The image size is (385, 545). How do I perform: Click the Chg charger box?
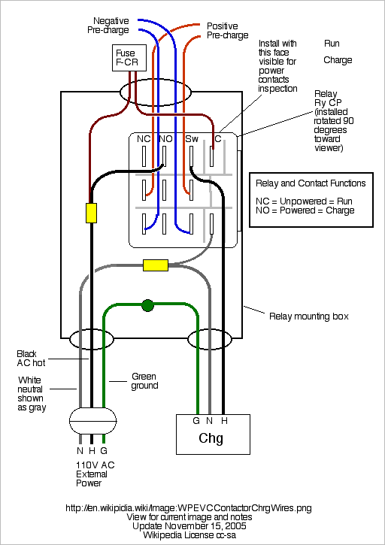pyautogui.click(x=214, y=434)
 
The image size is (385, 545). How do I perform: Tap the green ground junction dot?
pyautogui.click(x=148, y=305)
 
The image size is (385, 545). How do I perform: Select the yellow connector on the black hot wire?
pyautogui.click(x=91, y=213)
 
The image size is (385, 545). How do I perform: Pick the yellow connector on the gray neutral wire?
pyautogui.click(x=156, y=265)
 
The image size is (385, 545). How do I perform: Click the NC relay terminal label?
pyautogui.click(x=144, y=139)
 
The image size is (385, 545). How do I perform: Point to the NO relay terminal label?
pyautogui.click(x=165, y=139)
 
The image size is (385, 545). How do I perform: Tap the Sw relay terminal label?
pyautogui.click(x=192, y=139)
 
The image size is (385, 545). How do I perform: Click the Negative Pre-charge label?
pyautogui.click(x=108, y=26)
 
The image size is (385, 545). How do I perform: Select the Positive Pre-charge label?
pyautogui.click(x=227, y=31)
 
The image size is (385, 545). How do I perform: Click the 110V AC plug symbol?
pyautogui.click(x=92, y=421)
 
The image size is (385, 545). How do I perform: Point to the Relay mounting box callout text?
pyautogui.click(x=309, y=316)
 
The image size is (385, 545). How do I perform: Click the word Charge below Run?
pyautogui.click(x=338, y=60)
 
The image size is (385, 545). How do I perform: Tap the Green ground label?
pyautogui.click(x=144, y=381)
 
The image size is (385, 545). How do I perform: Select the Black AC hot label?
pyautogui.click(x=31, y=359)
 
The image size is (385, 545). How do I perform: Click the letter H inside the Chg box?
pyautogui.click(x=224, y=421)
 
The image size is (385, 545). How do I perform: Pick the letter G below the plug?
pyautogui.click(x=104, y=451)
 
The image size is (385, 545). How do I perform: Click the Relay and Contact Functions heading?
pyautogui.click(x=311, y=183)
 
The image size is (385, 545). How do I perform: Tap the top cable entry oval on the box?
pyautogui.click(x=156, y=92)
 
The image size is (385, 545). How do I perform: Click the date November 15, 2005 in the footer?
pyautogui.click(x=202, y=525)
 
